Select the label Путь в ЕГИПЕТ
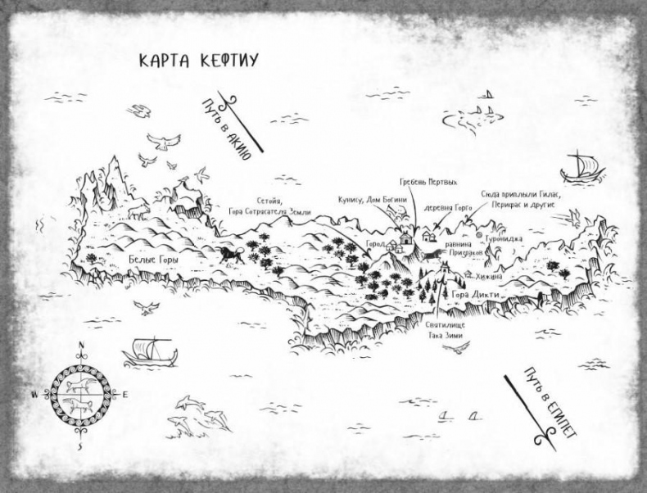click(x=541, y=401)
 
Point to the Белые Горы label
click(x=153, y=258)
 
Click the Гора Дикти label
click(x=471, y=292)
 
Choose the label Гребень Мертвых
click(x=428, y=181)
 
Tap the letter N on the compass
click(x=80, y=355)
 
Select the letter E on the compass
click(x=126, y=394)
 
